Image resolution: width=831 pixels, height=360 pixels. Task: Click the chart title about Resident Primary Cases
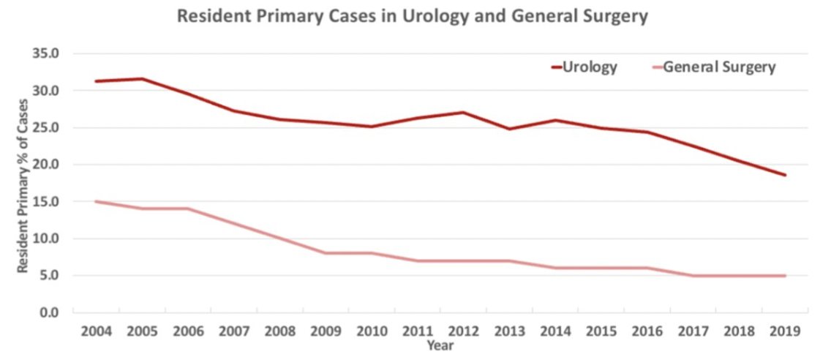click(x=413, y=17)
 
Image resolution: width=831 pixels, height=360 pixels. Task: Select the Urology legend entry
click(x=590, y=67)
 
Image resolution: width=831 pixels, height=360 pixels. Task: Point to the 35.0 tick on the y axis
click(x=45, y=53)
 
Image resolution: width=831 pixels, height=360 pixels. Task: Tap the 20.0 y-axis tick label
click(x=45, y=165)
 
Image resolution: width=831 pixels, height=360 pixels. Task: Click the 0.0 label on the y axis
click(x=49, y=312)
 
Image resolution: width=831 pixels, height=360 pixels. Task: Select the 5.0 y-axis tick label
click(x=49, y=276)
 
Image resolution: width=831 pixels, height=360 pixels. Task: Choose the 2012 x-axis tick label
click(x=464, y=331)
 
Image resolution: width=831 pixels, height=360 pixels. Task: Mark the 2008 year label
click(x=280, y=331)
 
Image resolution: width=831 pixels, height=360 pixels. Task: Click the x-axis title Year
click(x=440, y=345)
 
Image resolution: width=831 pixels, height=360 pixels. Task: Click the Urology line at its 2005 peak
click(x=142, y=78)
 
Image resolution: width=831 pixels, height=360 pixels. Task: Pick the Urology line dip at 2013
click(x=510, y=129)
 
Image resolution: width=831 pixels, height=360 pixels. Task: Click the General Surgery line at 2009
click(x=326, y=253)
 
